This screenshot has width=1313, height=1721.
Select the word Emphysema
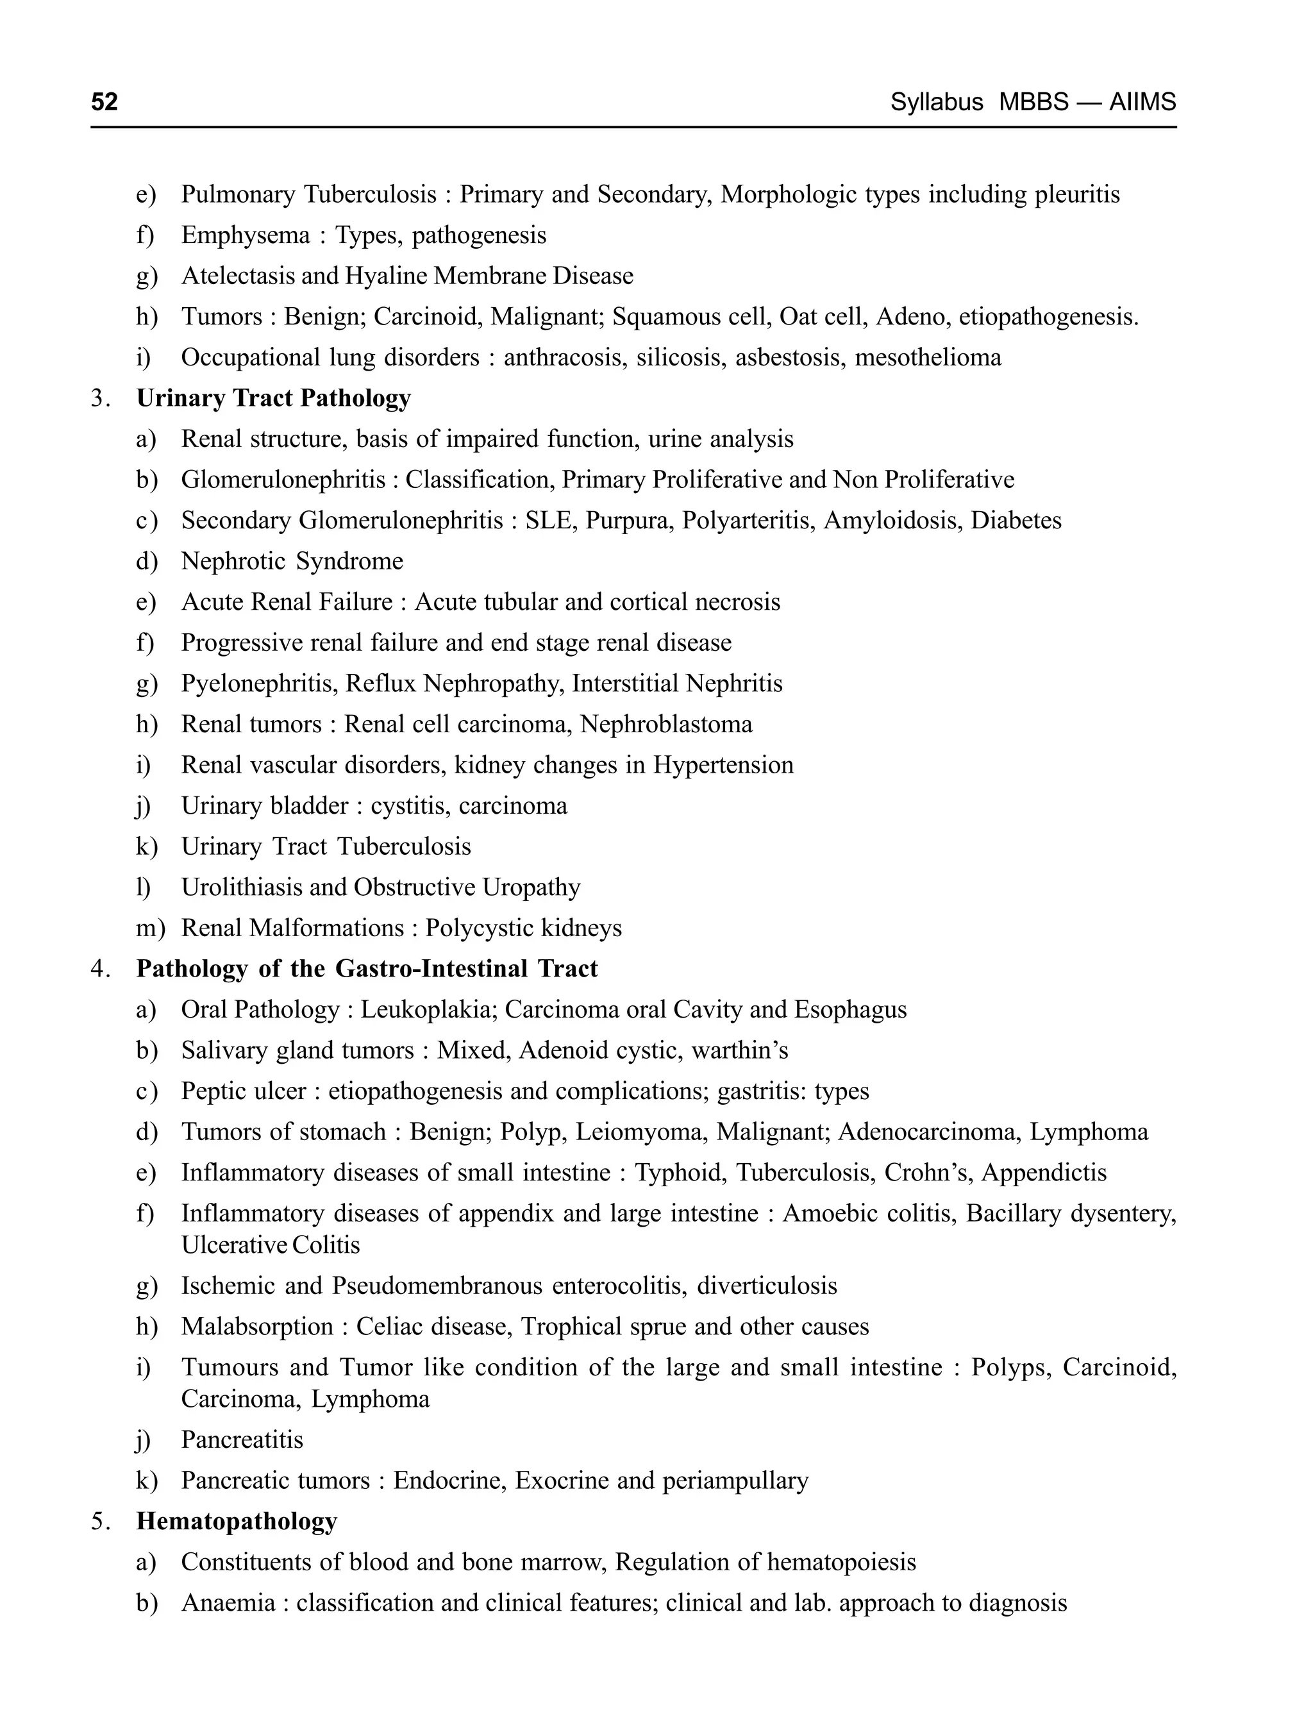[246, 235]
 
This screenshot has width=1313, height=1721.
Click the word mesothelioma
[928, 357]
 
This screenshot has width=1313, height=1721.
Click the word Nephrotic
[233, 561]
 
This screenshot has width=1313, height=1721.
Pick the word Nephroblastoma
[666, 725]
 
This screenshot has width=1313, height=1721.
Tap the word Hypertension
[723, 765]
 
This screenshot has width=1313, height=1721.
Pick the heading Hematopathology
[237, 1522]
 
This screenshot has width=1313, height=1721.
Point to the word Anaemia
[228, 1604]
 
